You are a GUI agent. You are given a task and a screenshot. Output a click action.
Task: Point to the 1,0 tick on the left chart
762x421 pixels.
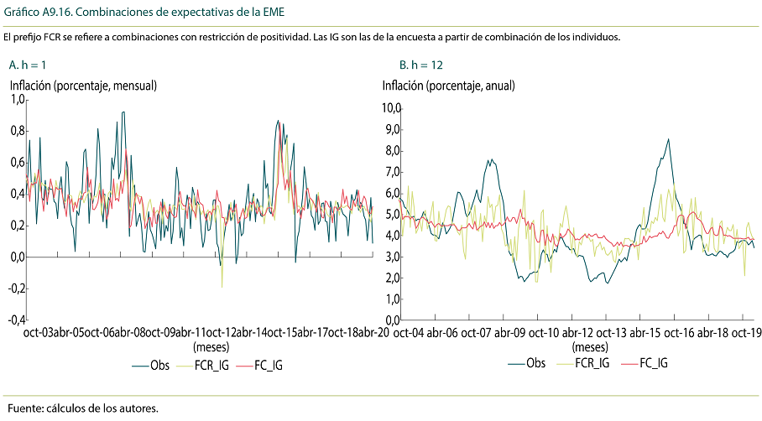(x=17, y=100)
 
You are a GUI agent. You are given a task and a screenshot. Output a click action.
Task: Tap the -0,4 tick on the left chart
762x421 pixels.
(x=15, y=320)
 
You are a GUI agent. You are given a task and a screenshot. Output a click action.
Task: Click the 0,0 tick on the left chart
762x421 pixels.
(x=17, y=257)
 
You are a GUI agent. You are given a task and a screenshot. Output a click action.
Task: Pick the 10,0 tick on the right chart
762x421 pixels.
(x=392, y=108)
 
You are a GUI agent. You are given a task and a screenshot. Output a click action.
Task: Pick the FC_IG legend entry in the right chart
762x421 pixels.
(x=653, y=363)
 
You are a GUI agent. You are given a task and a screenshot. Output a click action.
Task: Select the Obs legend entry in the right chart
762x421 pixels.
(x=534, y=363)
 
